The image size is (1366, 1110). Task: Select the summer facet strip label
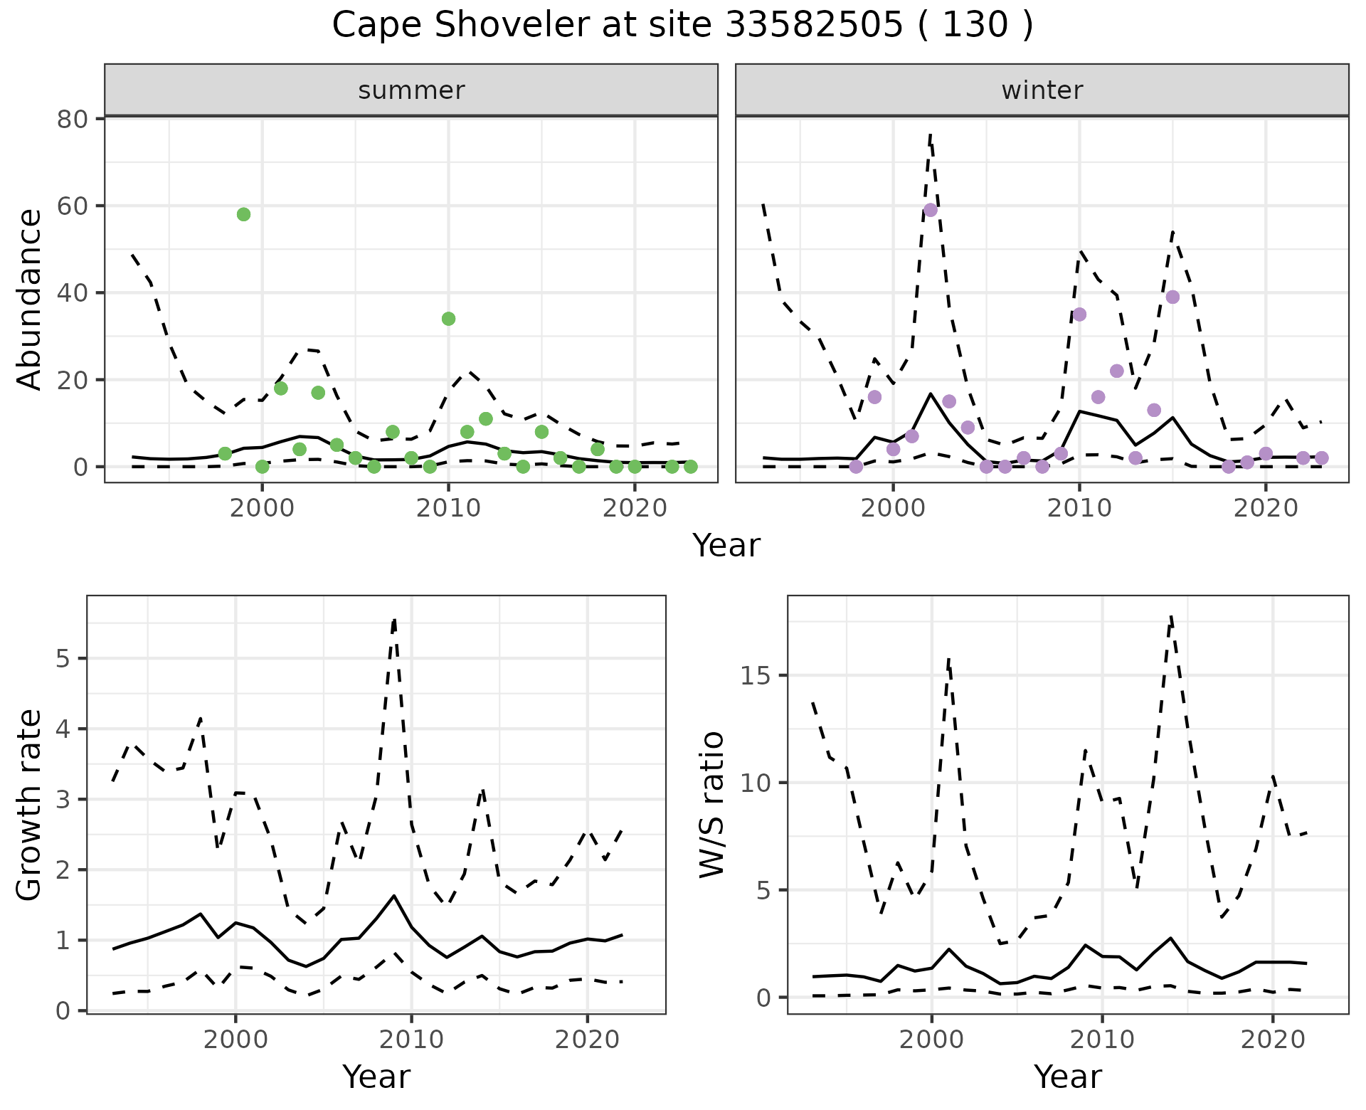(x=411, y=90)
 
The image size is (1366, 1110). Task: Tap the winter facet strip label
(x=1042, y=90)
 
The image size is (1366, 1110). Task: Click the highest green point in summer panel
(x=243, y=215)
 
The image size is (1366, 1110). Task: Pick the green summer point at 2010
(x=448, y=319)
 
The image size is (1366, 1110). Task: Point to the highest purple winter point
(x=930, y=210)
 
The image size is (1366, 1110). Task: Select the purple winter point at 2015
(x=1172, y=297)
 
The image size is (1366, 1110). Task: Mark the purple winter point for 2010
(x=1079, y=314)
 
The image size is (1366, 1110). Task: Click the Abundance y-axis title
(x=30, y=300)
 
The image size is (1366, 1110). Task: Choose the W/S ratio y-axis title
(x=712, y=805)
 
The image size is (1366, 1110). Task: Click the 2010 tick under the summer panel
(x=448, y=509)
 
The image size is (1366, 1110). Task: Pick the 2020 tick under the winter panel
(x=1266, y=509)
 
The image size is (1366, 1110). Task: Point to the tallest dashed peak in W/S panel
(x=1170, y=616)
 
